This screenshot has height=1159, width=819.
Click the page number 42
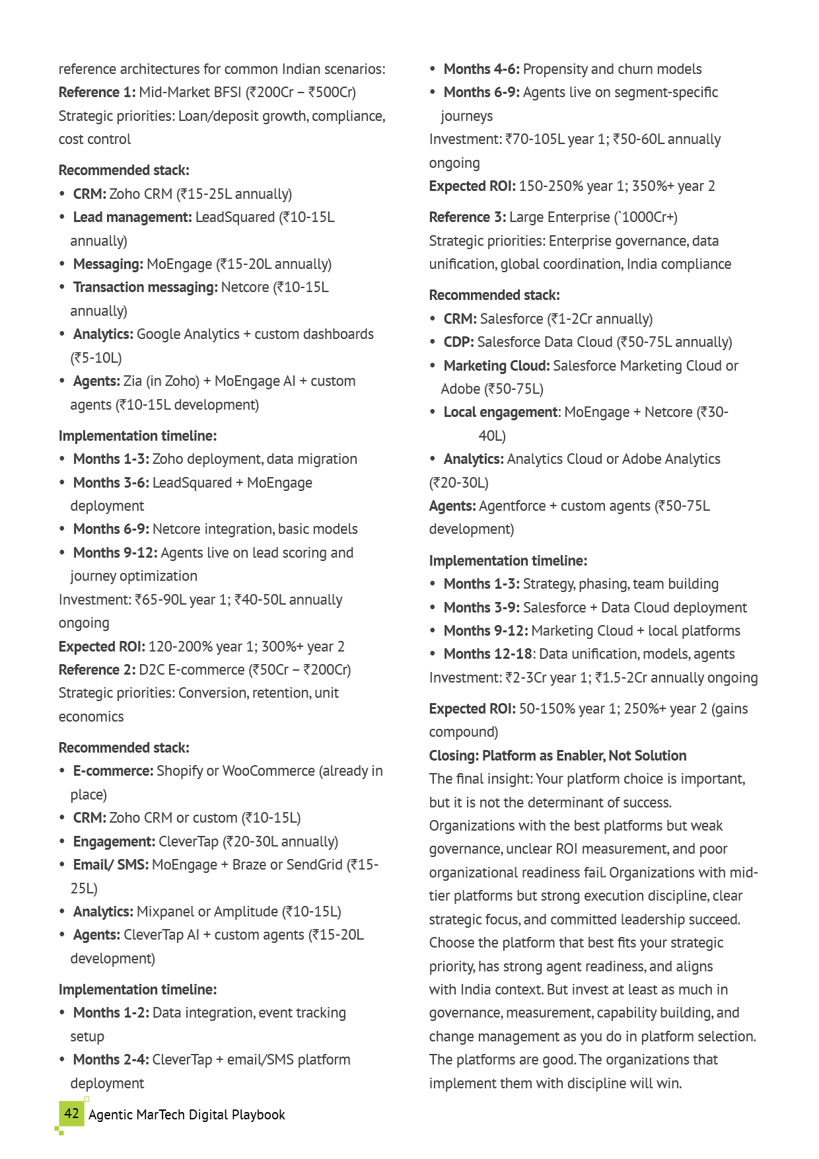click(x=71, y=1113)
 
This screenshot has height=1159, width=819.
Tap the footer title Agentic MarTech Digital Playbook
click(x=187, y=1115)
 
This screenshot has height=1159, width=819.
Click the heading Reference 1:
click(x=97, y=93)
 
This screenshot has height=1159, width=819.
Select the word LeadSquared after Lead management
click(x=234, y=217)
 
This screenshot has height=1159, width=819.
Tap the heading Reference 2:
click(x=97, y=670)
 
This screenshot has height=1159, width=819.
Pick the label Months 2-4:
click(x=111, y=1060)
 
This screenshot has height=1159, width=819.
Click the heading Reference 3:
click(x=468, y=217)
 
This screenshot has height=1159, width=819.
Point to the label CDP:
click(x=458, y=342)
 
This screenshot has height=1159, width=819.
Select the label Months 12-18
click(x=487, y=654)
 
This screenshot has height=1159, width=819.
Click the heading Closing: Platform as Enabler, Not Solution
click(x=557, y=756)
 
